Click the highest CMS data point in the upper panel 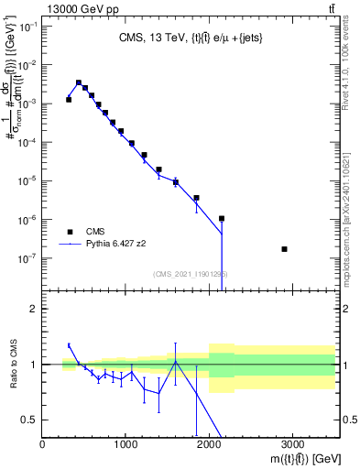click(x=79, y=82)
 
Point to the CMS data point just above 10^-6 click(x=222, y=219)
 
